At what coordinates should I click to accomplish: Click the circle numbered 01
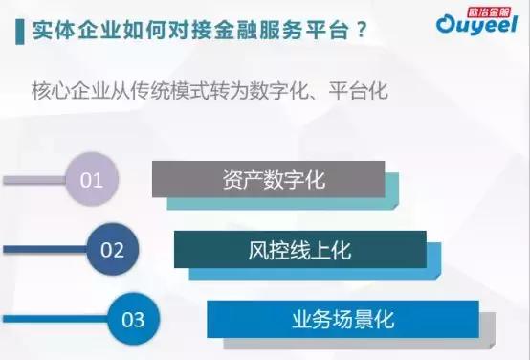pos(91,179)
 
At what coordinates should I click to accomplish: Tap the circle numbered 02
pos(113,250)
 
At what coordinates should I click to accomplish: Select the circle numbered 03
pos(134,319)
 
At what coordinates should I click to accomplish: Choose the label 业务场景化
pos(342,319)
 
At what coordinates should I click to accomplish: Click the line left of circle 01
pos(34,179)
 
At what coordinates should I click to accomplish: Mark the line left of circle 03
pos(57,319)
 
